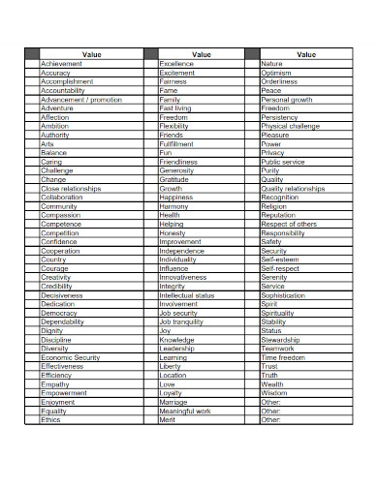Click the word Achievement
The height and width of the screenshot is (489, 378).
(61, 64)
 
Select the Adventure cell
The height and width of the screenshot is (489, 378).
(57, 108)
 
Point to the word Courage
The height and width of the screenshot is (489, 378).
(55, 268)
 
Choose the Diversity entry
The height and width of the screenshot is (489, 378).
(56, 349)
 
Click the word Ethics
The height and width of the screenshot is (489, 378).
(51, 419)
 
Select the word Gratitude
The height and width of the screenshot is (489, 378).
(174, 179)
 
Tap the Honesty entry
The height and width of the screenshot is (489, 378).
(173, 232)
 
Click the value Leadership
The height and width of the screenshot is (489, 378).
(177, 349)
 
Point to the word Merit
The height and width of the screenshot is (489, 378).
(168, 419)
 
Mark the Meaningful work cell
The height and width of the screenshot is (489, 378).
(185, 411)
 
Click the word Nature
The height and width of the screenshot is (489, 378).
(272, 64)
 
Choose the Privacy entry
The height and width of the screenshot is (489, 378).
(273, 153)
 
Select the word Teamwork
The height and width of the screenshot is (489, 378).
(278, 349)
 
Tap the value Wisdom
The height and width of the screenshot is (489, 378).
(274, 393)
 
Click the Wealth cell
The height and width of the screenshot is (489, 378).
(273, 384)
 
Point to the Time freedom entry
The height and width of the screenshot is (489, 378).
(283, 357)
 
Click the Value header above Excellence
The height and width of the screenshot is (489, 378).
(202, 54)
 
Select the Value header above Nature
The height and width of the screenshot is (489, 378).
(306, 54)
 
